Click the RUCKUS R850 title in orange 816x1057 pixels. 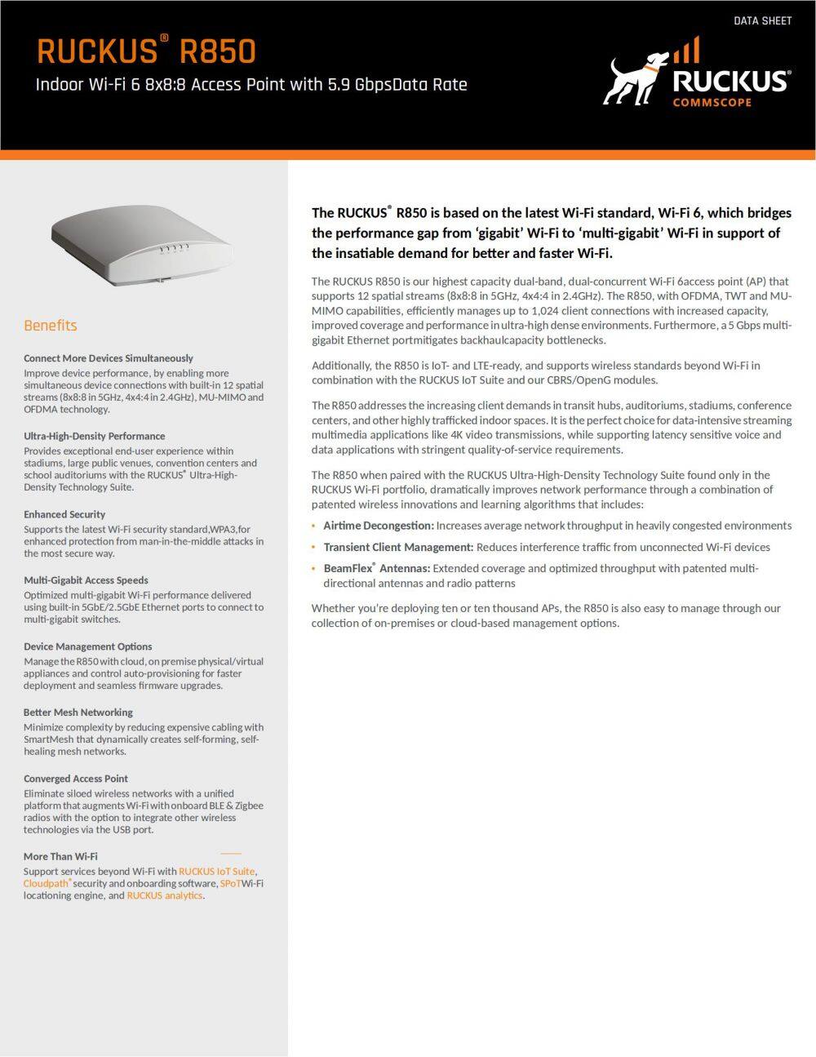147,51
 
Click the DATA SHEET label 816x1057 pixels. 762,20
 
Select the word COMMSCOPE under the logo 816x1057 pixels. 712,102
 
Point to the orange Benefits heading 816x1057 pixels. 51,325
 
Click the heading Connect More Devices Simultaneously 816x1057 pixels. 109,358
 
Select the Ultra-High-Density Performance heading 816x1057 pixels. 94,436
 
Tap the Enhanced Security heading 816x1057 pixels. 64,514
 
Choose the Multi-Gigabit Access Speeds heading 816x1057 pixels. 86,580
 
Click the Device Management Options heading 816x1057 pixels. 87,646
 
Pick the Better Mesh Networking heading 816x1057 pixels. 78,712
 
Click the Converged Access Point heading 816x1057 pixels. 76,779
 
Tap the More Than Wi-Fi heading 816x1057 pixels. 60,856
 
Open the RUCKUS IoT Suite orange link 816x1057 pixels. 216,871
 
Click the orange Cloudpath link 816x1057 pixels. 46,883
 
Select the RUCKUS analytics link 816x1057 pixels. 164,895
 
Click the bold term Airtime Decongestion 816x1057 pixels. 378,526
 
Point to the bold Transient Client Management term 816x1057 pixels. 398,547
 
